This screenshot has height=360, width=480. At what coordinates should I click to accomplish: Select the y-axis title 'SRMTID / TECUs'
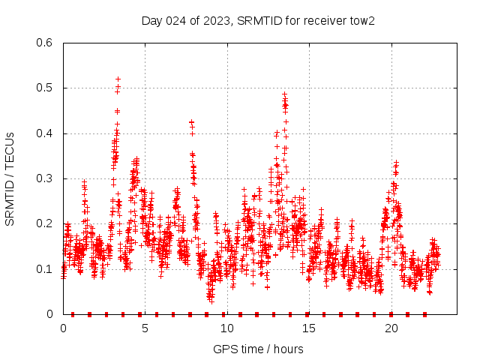tap(10, 178)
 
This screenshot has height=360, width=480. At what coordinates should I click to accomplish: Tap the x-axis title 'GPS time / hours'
tap(258, 349)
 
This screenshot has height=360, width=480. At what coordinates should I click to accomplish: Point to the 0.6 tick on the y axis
tap(45, 43)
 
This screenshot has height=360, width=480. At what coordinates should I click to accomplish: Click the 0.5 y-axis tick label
tap(45, 88)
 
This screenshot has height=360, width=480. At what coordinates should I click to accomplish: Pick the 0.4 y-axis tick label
tap(45, 133)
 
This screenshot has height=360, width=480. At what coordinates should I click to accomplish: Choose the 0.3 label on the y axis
tap(45, 178)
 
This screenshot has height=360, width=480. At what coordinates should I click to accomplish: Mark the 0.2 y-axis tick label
tap(45, 223)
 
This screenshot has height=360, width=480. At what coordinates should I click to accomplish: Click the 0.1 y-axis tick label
tap(45, 269)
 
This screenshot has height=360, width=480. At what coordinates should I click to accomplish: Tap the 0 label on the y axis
tap(50, 314)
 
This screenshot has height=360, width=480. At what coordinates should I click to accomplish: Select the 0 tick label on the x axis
tap(63, 328)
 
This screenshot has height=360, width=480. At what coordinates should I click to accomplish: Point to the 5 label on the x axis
tap(145, 328)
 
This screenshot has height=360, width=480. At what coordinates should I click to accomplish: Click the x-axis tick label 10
tap(227, 328)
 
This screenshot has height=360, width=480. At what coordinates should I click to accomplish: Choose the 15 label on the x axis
tap(309, 328)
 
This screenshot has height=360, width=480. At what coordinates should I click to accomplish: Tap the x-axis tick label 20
tap(391, 328)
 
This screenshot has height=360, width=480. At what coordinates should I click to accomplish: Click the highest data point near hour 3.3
tap(118, 79)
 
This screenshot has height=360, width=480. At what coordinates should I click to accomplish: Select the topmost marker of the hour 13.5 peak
tap(284, 94)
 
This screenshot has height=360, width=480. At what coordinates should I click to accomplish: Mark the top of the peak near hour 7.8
tap(191, 121)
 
